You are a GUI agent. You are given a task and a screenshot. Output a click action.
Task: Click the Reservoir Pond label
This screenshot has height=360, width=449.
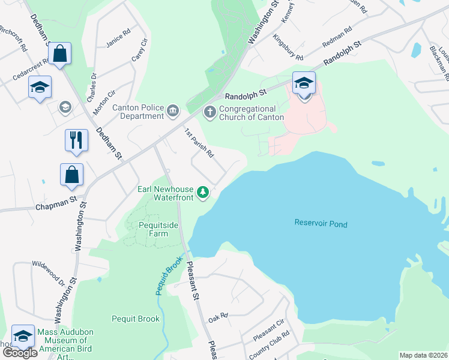tap(321, 224)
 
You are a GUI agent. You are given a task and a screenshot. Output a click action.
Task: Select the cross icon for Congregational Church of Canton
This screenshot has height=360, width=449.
tap(210, 111)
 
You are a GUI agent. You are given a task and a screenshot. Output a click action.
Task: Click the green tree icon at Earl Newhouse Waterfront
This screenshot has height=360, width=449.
tap(203, 192)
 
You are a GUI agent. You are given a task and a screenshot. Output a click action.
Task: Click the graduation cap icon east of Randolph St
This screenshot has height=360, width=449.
tap(304, 83)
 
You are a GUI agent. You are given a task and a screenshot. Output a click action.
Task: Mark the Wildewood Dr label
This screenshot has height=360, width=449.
tap(49, 273)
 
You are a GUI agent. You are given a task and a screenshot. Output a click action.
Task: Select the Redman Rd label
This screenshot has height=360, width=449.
tap(337, 38)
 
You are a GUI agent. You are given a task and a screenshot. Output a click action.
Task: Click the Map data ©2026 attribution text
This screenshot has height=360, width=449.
tap(423, 355)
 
